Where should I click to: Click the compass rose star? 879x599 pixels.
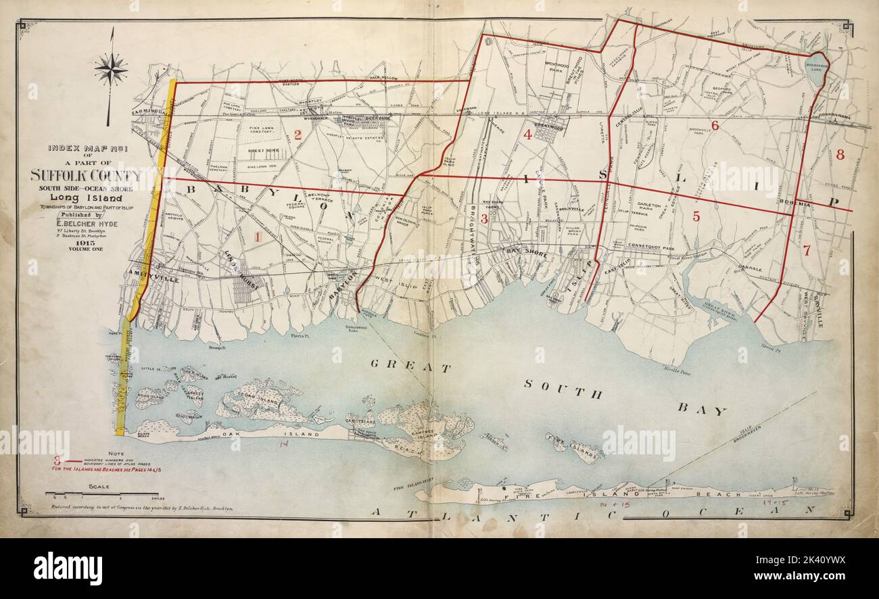pos(111,68)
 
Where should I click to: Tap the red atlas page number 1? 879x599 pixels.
pos(257,237)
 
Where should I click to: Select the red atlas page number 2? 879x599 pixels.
pos(298,135)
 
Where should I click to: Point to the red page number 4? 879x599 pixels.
pos(527,135)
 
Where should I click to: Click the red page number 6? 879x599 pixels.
pos(715,124)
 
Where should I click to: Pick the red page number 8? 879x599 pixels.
pos(840,155)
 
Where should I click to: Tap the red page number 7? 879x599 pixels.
pos(806,250)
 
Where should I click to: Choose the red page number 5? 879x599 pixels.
pos(696,216)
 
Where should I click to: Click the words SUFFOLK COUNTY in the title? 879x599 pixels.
pos(85,176)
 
